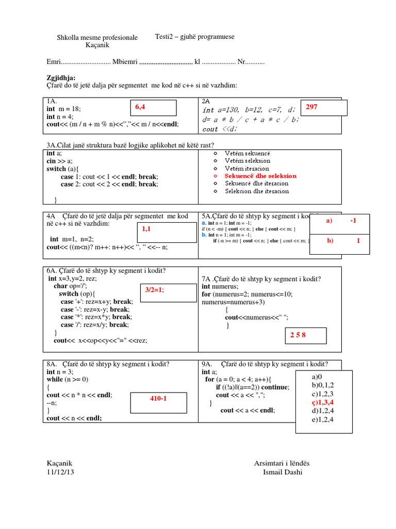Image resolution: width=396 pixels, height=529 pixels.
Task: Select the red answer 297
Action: click(x=311, y=107)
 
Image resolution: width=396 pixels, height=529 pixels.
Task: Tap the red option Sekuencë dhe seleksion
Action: click(x=260, y=176)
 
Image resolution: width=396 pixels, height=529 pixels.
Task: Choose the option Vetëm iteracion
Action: click(x=247, y=168)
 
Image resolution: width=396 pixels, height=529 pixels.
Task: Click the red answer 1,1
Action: click(x=146, y=228)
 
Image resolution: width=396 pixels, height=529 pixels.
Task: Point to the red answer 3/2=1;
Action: click(x=153, y=290)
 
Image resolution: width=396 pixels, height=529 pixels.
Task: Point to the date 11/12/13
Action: click(x=60, y=472)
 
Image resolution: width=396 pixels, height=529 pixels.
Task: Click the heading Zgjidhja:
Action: click(x=61, y=77)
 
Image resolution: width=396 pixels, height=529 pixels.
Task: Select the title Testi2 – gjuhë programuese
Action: click(x=195, y=37)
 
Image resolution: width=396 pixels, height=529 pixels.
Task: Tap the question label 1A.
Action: click(x=51, y=101)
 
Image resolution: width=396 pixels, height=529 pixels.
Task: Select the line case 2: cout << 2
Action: click(x=109, y=183)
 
